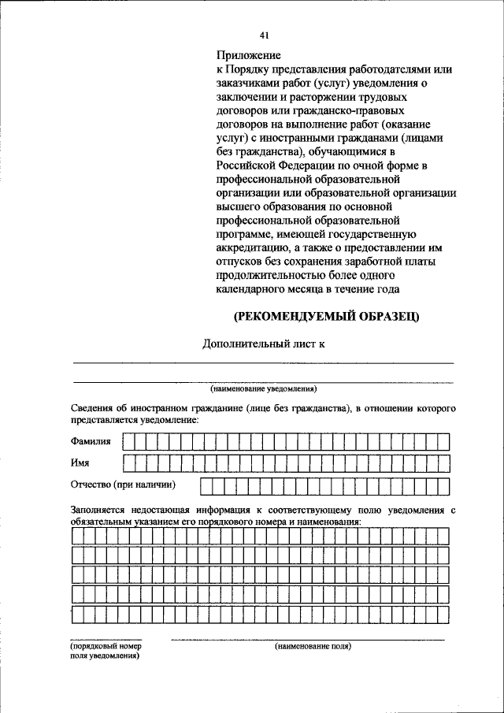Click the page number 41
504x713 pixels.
pos(264,35)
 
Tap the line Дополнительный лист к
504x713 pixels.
pos(265,344)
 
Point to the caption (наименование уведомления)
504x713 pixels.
pos(263,388)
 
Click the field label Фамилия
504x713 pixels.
pos(91,441)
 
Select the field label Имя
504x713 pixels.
pos(80,462)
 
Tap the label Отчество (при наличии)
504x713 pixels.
pos(123,484)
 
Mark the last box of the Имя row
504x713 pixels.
pos(443,462)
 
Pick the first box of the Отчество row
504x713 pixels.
pos(206,484)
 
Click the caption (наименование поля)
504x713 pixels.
pos(313,646)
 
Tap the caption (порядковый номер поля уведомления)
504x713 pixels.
pos(105,651)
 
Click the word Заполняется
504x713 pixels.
pos(99,511)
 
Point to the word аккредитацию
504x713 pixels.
pos(250,248)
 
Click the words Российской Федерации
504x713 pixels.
pos(272,164)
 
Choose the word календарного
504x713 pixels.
pos(250,289)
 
